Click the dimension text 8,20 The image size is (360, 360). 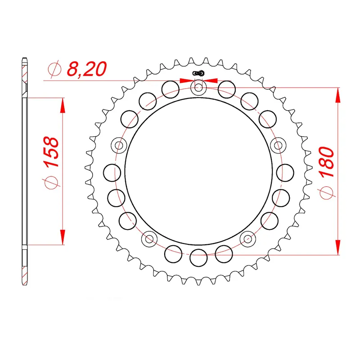[86, 69]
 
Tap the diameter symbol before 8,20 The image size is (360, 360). [54, 70]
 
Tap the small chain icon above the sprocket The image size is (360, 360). [198, 73]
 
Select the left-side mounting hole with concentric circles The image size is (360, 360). [119, 145]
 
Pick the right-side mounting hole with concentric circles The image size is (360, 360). [279, 145]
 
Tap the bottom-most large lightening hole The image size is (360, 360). [198, 258]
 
